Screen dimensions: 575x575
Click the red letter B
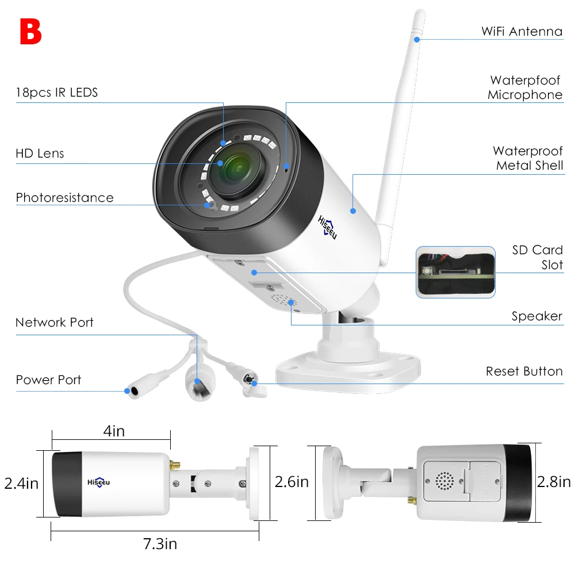[30, 32]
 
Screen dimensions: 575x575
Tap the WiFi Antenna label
[522, 31]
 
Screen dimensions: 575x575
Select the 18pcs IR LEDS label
[57, 92]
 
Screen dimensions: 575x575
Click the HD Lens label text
[40, 154]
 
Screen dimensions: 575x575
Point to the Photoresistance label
[64, 198]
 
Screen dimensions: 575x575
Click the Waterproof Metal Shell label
[529, 158]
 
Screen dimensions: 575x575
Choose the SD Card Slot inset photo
[455, 272]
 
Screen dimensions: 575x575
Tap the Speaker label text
[537, 316]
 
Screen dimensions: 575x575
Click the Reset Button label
[524, 371]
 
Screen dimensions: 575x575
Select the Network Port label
[55, 323]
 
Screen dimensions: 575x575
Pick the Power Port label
[48, 380]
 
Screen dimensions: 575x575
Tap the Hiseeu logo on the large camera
[328, 228]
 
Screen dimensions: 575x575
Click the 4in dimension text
[114, 431]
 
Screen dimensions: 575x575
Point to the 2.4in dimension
[21, 483]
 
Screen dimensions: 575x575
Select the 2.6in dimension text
[292, 481]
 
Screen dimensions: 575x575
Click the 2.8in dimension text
[554, 481]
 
